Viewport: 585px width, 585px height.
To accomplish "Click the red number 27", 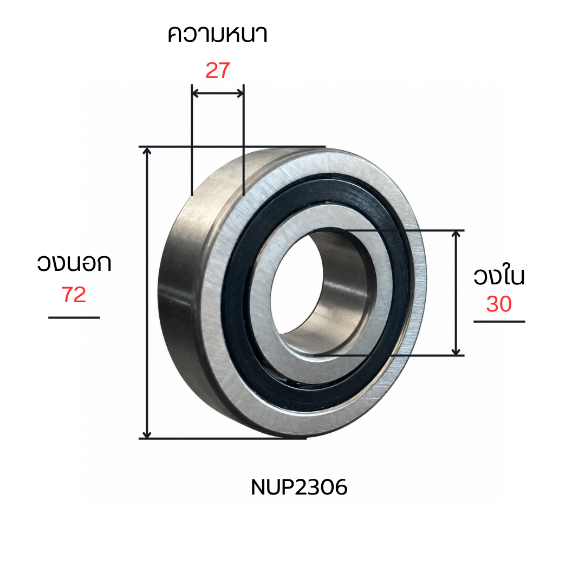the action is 218,70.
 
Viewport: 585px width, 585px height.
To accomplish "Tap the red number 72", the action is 74,295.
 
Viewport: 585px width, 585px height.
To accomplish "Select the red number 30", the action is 499,304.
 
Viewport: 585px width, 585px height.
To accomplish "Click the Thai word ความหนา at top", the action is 218,34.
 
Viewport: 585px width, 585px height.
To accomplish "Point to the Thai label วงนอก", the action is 74,263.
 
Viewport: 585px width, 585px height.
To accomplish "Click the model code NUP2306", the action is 299,487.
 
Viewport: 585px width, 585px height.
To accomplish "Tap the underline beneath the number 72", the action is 74,317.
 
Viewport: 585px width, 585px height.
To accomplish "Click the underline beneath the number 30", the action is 499,321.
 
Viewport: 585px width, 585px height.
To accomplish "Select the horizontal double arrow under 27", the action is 218,93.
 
